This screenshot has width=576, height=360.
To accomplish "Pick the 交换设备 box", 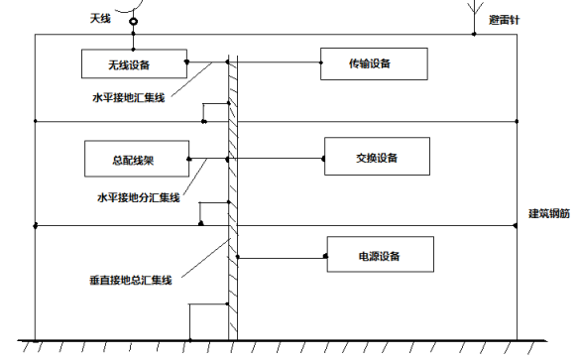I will [x=377, y=157].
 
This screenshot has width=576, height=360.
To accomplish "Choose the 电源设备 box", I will [x=378, y=257].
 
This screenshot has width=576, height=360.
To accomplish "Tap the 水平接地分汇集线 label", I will [x=138, y=197].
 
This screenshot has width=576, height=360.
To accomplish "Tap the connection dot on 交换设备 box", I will [x=325, y=157].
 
